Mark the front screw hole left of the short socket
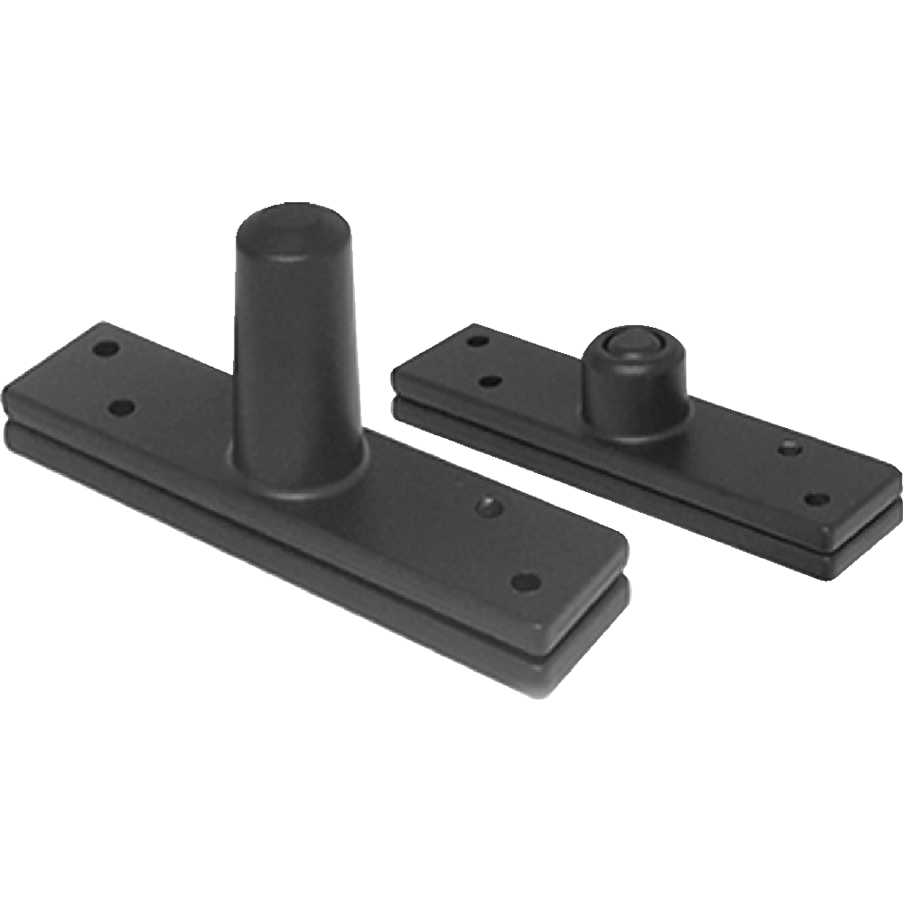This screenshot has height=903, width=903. pyautogui.click(x=490, y=381)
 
